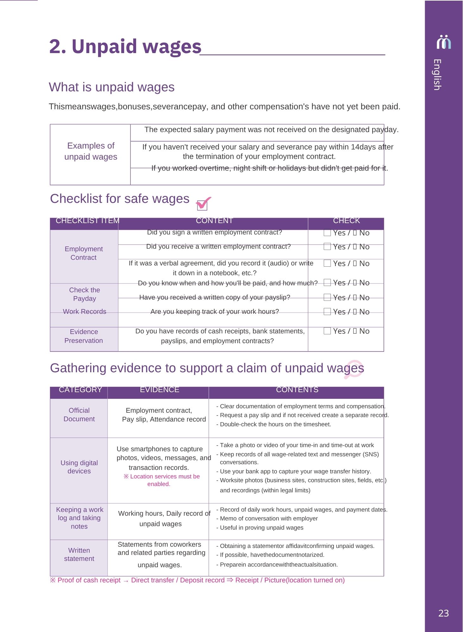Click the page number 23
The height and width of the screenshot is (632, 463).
point(443,613)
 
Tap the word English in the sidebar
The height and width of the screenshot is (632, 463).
point(437,75)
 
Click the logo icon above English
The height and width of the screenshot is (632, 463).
point(444,42)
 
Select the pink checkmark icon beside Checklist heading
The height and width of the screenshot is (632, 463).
point(203,203)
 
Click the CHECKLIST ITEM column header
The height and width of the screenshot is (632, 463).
point(87,221)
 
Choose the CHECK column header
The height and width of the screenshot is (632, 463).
point(346,221)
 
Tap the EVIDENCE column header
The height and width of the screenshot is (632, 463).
point(160,390)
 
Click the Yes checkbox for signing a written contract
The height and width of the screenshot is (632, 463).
point(327,233)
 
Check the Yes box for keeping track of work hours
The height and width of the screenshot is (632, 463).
point(327,312)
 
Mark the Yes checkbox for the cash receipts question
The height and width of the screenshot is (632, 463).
point(327,331)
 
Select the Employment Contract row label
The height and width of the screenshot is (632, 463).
point(84,253)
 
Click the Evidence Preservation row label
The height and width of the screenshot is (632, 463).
point(84,336)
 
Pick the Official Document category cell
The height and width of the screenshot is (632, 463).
point(79,415)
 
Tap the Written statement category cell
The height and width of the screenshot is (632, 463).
point(79,554)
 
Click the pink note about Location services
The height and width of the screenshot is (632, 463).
point(162,480)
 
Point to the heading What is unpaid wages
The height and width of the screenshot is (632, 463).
point(112,87)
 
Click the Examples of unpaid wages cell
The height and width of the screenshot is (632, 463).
point(91,151)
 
